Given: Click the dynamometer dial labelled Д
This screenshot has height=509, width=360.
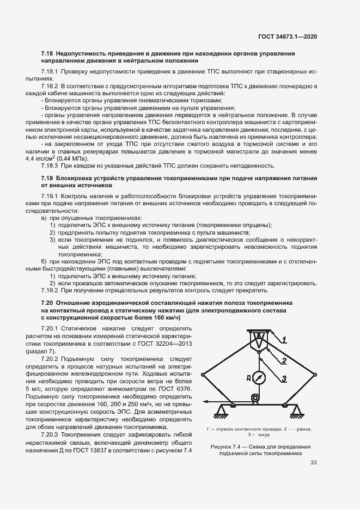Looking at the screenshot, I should [260, 377].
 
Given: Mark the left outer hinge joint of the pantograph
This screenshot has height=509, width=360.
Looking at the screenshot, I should [203, 374].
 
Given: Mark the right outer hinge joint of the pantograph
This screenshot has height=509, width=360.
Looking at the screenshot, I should [316, 374].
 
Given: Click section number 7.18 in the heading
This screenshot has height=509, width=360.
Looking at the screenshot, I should [47, 54].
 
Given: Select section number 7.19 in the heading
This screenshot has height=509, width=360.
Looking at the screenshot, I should [47, 178].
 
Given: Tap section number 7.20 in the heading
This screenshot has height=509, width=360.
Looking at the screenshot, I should [47, 302].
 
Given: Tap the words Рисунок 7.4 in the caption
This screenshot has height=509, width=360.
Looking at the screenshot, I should [224, 447].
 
